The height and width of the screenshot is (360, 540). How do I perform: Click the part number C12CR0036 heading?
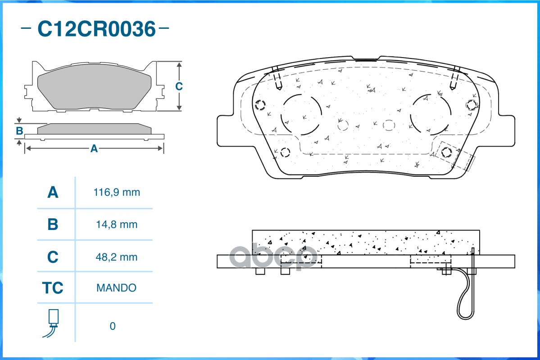tap(96, 29)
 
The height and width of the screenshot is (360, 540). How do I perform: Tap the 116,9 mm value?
tap(117, 193)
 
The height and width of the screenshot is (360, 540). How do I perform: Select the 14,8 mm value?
tap(117, 225)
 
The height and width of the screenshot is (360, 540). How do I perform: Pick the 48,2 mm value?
tap(117, 257)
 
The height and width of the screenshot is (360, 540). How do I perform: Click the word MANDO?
tap(116, 288)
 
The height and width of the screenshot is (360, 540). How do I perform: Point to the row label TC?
tap(53, 288)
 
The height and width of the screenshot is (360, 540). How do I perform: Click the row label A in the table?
tap(53, 193)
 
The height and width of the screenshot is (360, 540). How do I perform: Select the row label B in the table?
tap(53, 225)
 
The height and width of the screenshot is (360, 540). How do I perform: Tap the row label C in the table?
tap(53, 257)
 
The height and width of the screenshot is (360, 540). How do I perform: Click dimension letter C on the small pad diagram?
tap(179, 86)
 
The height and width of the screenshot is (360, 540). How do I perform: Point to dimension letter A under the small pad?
tap(94, 148)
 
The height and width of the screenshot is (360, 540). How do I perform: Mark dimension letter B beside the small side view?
tap(19, 131)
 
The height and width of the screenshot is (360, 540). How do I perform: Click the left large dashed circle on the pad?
tap(301, 115)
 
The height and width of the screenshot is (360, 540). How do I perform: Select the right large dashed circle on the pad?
tap(430, 115)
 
